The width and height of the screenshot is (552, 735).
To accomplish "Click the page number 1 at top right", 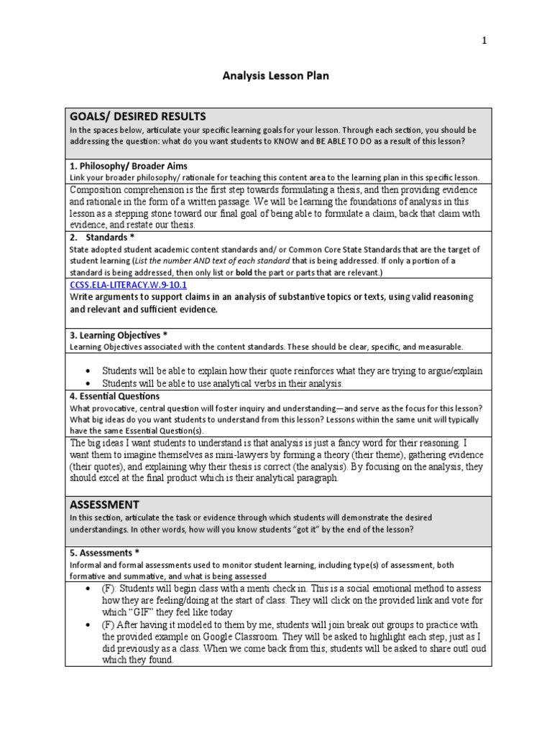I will coord(484,41).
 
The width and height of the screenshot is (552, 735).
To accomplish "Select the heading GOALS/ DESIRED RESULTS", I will coord(137,116).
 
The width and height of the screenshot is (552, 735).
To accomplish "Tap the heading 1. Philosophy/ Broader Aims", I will coord(129,166).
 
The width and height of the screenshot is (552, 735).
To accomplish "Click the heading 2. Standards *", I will coord(102,237).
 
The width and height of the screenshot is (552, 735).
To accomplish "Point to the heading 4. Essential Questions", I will coord(115,395).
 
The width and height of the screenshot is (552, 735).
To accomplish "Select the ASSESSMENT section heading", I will coord(104,505).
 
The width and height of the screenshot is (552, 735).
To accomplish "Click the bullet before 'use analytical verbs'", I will coord(86,384).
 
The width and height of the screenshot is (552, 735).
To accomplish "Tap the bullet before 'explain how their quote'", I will coord(86,371).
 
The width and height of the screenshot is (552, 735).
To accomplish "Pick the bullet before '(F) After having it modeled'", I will coord(86,625).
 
